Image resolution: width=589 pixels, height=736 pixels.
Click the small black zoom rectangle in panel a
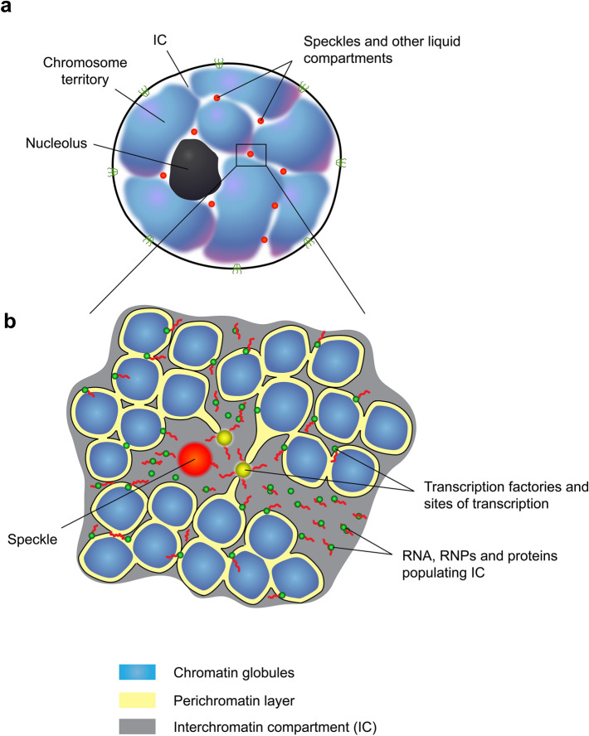[x=251, y=154]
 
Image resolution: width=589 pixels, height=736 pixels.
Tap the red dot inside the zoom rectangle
[x=251, y=153]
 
